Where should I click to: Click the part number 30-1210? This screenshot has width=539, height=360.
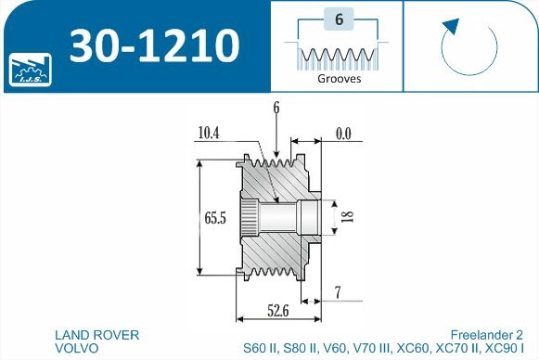coord(155,44)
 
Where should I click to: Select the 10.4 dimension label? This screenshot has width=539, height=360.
coord(209,134)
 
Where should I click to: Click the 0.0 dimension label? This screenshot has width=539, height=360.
coord(342,135)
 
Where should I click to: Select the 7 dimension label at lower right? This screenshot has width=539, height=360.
coord(338,293)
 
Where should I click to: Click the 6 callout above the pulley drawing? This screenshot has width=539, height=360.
coord(276,109)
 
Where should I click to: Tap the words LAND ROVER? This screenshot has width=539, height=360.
coord(97,334)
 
